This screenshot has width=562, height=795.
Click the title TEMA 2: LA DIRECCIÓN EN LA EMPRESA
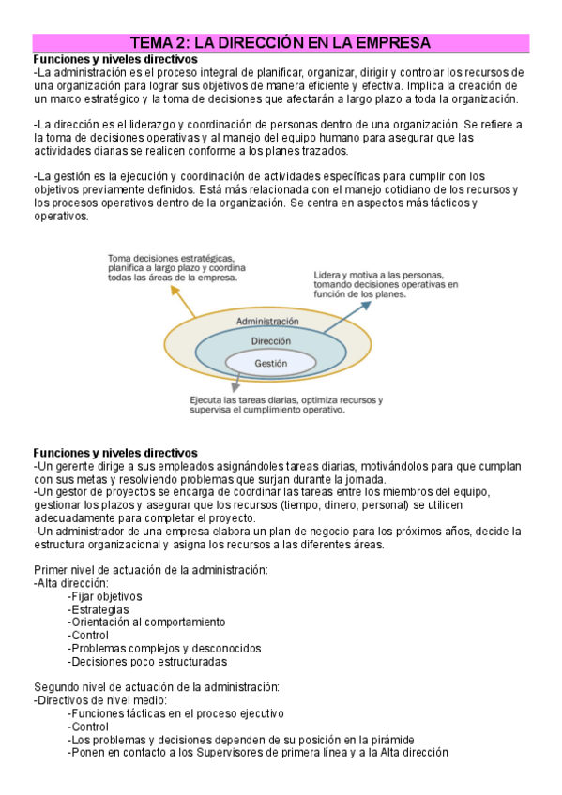pos(281,42)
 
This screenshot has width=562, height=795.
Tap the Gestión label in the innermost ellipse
pos(270,363)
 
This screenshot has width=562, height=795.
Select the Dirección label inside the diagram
pos(270,341)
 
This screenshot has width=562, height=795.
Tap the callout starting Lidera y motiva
pos(386,283)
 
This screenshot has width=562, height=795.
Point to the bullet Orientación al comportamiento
pos(146,622)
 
